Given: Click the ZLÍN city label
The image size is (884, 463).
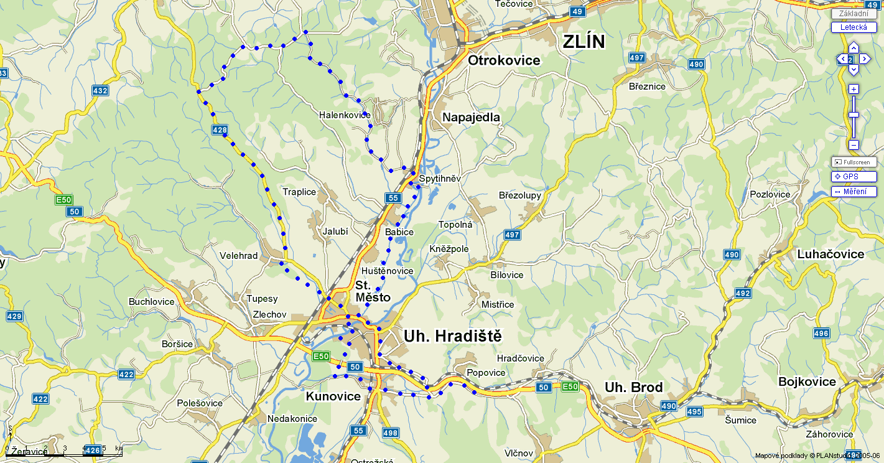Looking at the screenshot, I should coord(583,42).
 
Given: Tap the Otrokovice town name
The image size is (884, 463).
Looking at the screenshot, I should coord(504,60).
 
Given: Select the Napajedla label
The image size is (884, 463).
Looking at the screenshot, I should coord(471,118).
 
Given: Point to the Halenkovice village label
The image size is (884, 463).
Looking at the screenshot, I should coord(344,115).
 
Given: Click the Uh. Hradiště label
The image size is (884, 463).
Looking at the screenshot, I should coord(452,336).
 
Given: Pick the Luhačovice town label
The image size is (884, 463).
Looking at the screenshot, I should coord(830,254).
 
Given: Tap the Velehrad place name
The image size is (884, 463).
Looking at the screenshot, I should coord(238,256).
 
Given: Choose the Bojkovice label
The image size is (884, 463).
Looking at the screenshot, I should coord(807,381).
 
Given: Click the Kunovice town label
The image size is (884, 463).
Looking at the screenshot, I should coord(333,396).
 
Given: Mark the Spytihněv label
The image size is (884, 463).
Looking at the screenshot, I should coord(440,179).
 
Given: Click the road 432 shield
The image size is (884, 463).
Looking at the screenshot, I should coord(100,91).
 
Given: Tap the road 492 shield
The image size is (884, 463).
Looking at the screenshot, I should coord(743,293).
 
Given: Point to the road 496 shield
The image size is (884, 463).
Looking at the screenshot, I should coord(821,334).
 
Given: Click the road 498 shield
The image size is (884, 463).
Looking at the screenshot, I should coord(390,433).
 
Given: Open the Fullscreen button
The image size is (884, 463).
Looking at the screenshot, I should coord(854,162).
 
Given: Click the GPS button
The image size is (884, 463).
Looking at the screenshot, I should coord(854,177).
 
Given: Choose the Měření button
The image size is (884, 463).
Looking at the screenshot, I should coord(854,192).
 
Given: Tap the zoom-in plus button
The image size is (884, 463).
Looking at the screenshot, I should coord(854,89).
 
